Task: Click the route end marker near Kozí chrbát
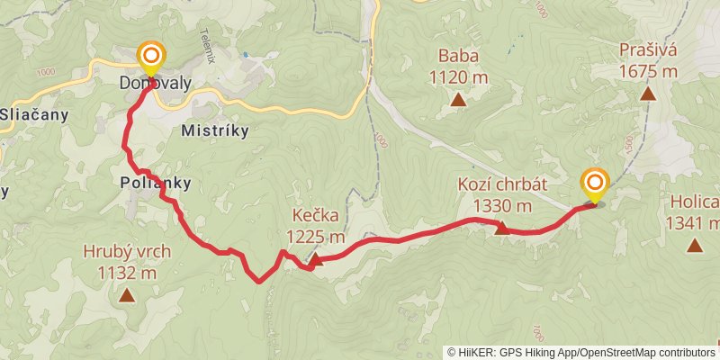pos(594,184)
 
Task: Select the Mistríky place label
pos(214,130)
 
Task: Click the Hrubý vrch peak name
pos(127,251)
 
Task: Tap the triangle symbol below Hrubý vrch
pos(127,294)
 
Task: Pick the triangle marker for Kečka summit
pos(316,259)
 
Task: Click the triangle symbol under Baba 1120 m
pos(458,99)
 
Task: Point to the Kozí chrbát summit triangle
pos(502,228)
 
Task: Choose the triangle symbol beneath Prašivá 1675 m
pos(647,93)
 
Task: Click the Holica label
pos(695,202)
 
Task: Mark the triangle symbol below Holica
pos(694,244)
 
